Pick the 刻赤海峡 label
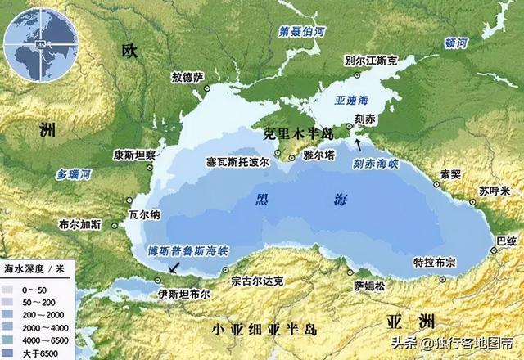[x=376, y=163]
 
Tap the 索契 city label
[x=449, y=174]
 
